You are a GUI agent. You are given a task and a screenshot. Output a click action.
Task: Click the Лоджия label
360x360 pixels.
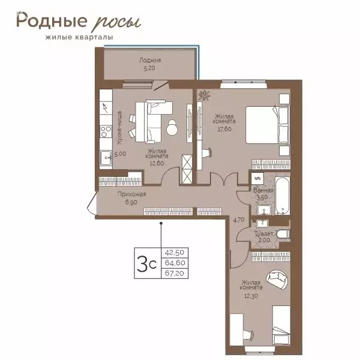click(x=150, y=61)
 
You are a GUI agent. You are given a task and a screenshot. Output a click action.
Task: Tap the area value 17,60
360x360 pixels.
click(x=224, y=129)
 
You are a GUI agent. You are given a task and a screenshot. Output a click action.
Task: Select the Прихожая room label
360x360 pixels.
click(x=131, y=194)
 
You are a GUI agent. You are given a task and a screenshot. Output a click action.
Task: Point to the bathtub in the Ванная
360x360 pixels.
click(x=283, y=196)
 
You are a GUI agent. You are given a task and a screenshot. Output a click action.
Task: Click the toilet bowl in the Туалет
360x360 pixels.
click(x=283, y=234)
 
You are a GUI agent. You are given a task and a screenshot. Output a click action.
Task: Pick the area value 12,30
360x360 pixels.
click(x=251, y=296)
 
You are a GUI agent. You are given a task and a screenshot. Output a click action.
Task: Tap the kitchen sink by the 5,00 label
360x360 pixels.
click(x=106, y=158)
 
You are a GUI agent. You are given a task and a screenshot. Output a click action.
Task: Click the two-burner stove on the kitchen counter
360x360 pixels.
click(x=106, y=131)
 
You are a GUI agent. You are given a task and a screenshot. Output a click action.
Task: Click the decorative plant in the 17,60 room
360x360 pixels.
click(x=204, y=95)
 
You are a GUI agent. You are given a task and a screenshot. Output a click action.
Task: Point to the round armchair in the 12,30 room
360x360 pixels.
click(x=277, y=279)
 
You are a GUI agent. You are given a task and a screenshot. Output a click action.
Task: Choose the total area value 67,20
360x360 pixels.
click(x=175, y=273)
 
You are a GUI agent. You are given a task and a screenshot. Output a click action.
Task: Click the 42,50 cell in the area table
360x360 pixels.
click(x=175, y=253)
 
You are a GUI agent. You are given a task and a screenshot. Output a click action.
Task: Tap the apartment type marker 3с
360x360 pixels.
click(x=146, y=263)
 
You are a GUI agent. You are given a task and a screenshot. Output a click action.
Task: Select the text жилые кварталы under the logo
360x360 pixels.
click(x=79, y=37)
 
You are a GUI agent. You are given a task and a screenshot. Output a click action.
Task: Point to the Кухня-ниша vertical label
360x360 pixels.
click(x=119, y=128)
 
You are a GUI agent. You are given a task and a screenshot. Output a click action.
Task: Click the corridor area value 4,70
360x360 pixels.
click(x=239, y=220)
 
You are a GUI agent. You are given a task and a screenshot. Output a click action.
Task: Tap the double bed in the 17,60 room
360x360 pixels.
click(x=267, y=125)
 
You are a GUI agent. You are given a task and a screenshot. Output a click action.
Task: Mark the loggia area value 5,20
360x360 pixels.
click(x=149, y=68)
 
